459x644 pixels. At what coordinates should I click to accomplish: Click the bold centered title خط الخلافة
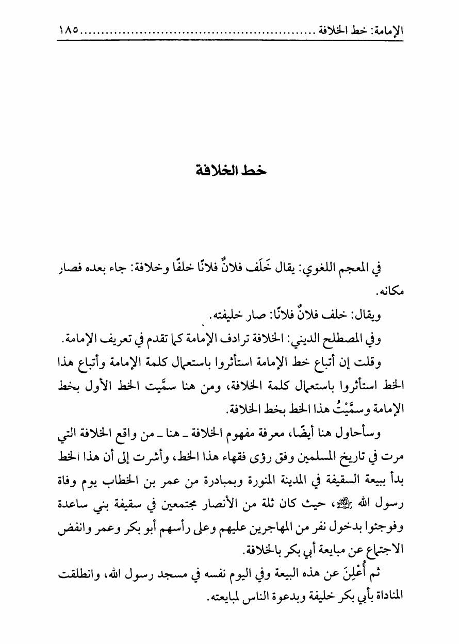click(x=229, y=170)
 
